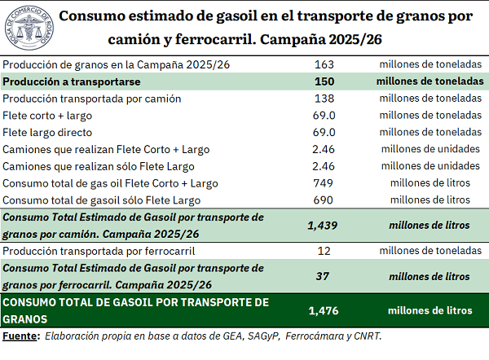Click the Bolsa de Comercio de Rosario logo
29,28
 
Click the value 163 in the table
324,64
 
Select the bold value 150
324,81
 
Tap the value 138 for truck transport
324,99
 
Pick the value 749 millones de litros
323,183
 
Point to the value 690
323,200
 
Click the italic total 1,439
323,226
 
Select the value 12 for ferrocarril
324,251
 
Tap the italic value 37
323,276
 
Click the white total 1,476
324,311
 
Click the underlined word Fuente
20,336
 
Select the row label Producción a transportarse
72,81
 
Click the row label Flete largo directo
47,133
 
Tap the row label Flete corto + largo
47,116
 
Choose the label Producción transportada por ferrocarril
99,251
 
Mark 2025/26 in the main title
355,40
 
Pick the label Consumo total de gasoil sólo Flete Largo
101,200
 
